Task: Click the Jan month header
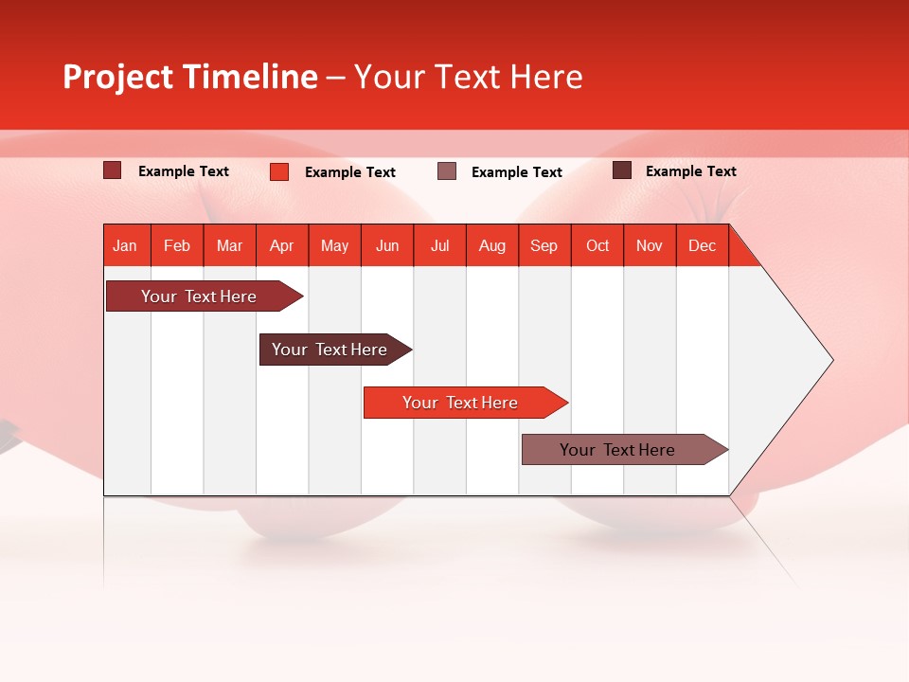(125, 245)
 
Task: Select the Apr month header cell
(282, 245)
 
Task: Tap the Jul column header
(439, 245)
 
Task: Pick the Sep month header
(544, 245)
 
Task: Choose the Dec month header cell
(702, 245)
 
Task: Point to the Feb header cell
(177, 245)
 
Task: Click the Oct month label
(597, 245)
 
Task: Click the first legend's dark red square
(113, 170)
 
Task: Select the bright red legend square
(279, 171)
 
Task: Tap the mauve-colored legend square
(447, 171)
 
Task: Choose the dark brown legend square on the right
(622, 170)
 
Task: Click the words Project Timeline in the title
(190, 77)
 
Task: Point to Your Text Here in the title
(468, 77)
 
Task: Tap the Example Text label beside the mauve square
(517, 172)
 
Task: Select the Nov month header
(650, 245)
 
